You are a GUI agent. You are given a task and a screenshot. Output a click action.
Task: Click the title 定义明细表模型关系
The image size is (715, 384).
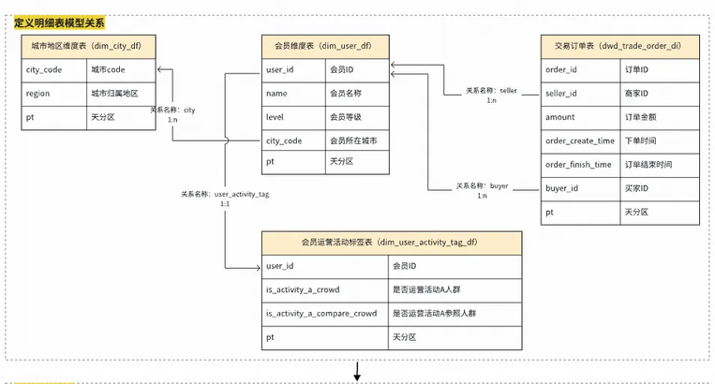coord(59,21)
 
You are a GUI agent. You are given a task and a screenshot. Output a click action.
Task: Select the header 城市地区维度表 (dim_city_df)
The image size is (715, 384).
coord(88,46)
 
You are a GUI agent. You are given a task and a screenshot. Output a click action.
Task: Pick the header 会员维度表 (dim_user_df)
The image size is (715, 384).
coord(324,46)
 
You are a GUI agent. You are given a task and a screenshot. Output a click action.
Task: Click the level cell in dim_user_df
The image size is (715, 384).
coord(293,116)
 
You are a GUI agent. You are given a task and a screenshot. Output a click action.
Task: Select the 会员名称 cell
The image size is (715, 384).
coord(356,93)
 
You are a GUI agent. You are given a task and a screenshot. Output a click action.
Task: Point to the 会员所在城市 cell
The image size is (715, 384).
coord(356,140)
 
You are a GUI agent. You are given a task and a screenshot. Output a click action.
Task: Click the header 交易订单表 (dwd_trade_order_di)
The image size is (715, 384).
coord(619,46)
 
